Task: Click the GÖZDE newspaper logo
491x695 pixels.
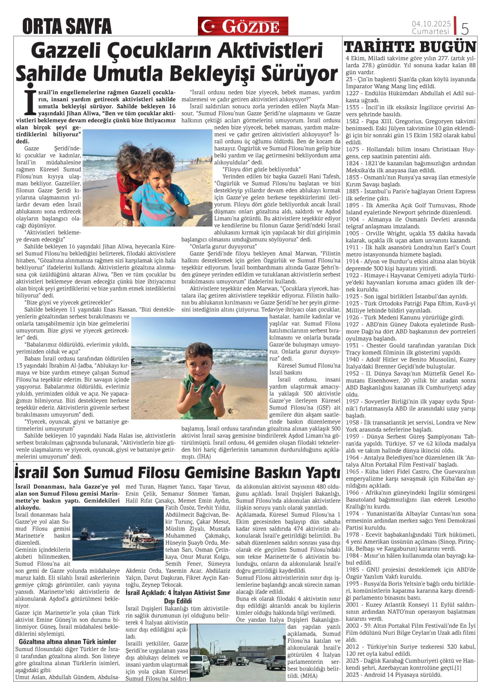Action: (243, 26)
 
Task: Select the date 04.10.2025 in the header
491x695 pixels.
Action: (431, 24)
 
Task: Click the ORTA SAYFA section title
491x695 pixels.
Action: (67, 26)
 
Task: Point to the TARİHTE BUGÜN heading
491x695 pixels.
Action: (410, 47)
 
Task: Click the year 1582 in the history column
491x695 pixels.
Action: (352, 121)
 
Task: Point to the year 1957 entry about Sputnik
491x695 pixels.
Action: (352, 402)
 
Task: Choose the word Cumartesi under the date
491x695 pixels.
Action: (431, 31)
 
